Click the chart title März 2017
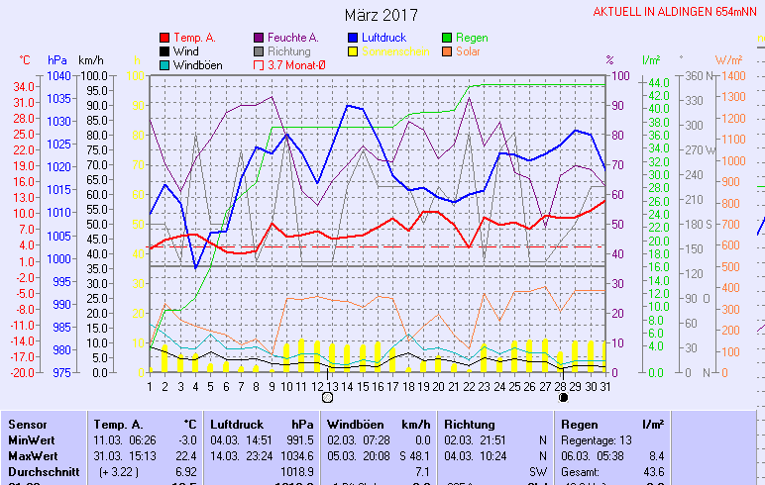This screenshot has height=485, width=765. (x=382, y=15)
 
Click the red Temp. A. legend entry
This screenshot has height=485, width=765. (x=194, y=38)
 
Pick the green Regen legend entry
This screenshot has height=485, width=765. (x=471, y=38)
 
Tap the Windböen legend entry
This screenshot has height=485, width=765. (x=196, y=65)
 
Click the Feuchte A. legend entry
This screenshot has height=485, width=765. (x=294, y=38)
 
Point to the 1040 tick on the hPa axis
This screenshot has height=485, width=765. (x=57, y=76)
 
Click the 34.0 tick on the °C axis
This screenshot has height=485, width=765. (x=25, y=86)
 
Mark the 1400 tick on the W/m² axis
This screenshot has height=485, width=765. (x=732, y=76)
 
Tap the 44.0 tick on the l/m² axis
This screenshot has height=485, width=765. (x=660, y=81)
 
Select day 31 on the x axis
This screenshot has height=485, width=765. (x=605, y=386)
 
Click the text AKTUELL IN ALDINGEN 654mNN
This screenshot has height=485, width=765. (x=677, y=12)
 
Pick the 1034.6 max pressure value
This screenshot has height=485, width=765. (x=296, y=456)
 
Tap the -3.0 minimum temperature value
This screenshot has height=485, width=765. (x=187, y=439)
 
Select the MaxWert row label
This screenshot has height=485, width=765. (x=32, y=456)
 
